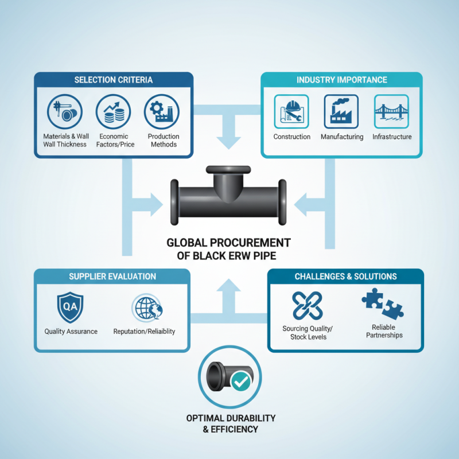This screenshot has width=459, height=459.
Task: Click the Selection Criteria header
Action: point(113,80)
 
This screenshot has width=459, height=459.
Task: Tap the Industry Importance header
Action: point(341,80)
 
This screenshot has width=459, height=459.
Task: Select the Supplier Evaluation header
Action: point(112,277)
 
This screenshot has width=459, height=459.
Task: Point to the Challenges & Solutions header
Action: point(345,277)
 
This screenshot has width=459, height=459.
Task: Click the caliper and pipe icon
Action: point(65,111)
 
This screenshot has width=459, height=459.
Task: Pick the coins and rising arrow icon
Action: point(113,111)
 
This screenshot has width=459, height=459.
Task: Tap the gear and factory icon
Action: point(162,111)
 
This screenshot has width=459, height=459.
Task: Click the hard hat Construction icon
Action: point(291,111)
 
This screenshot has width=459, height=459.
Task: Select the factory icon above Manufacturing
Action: point(341,111)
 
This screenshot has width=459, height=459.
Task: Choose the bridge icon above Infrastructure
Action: point(391,111)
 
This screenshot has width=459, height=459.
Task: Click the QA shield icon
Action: point(70,307)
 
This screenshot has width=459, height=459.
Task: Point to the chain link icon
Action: point(308,306)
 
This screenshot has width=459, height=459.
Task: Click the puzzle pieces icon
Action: point(383,304)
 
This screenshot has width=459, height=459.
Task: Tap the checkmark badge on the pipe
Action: point(240,382)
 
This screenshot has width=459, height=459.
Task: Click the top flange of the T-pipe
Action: point(228,170)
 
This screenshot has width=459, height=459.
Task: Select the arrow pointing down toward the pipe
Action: point(228,132)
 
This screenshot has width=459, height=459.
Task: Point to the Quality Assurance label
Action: point(71,332)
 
